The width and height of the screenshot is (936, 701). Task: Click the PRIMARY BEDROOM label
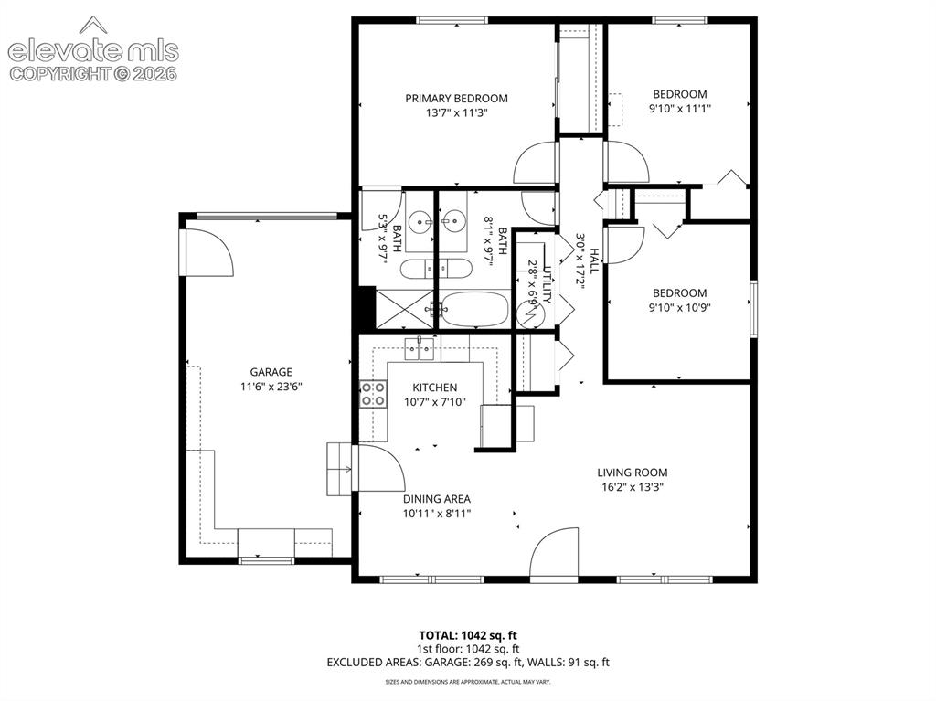[457, 99]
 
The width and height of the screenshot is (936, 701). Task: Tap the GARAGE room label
[271, 372]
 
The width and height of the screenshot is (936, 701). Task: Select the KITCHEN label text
[435, 388]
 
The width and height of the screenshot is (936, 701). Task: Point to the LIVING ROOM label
[633, 473]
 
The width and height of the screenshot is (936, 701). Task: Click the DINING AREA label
[437, 499]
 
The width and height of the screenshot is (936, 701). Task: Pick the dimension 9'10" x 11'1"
[680, 109]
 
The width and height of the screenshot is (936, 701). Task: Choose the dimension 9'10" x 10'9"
[680, 308]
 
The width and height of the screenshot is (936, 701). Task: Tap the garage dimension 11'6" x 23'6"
[271, 387]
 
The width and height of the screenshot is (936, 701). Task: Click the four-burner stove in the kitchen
[373, 394]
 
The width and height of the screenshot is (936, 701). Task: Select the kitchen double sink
[420, 349]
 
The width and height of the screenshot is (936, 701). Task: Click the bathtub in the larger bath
[474, 309]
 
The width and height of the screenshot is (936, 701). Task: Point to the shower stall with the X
[404, 309]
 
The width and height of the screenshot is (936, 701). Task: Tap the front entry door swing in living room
[555, 552]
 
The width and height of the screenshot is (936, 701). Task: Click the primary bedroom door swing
[536, 162]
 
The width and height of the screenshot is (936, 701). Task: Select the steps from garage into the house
[339, 470]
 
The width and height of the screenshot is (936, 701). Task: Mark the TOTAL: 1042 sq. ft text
[467, 635]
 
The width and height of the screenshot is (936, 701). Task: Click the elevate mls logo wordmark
[93, 51]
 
